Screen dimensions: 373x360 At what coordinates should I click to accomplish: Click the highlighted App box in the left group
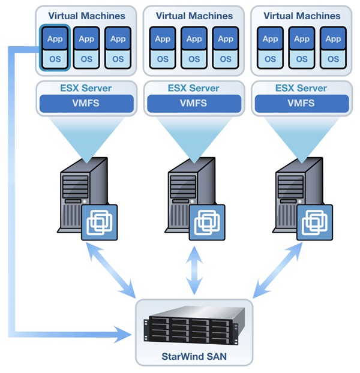tap(55, 39)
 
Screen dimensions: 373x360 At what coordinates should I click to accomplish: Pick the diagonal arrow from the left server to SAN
tap(111, 270)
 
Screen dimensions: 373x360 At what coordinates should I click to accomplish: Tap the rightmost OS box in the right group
tap(334, 59)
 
